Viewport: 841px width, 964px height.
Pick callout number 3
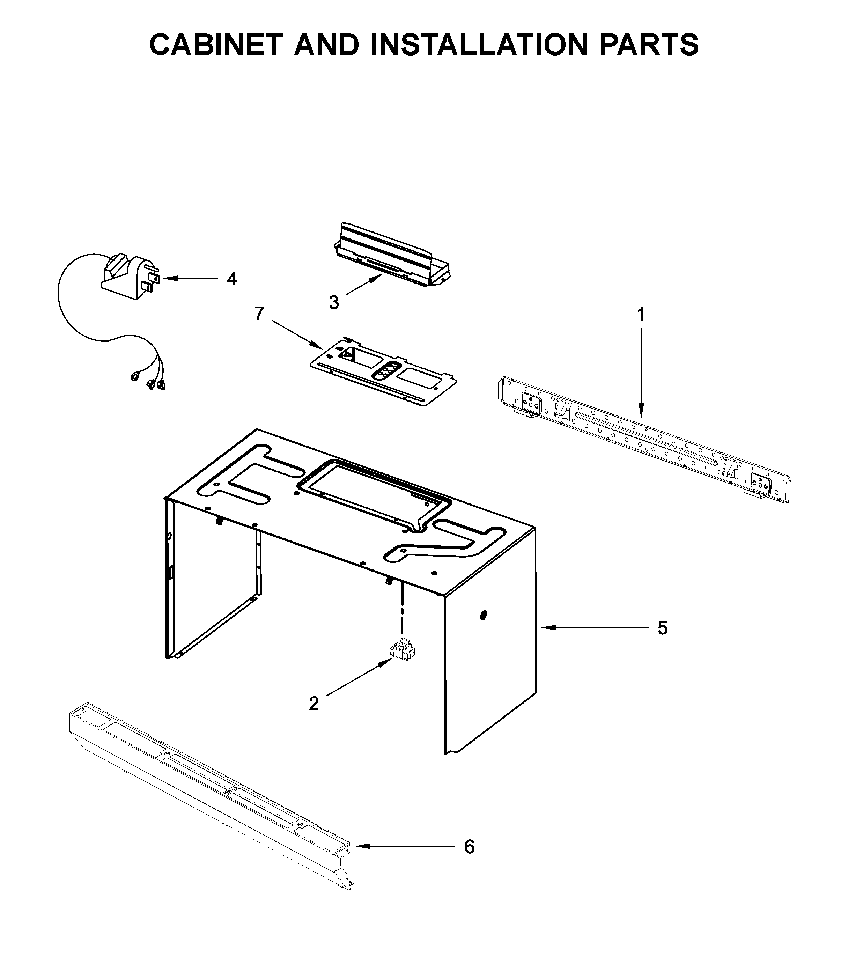pyautogui.click(x=334, y=303)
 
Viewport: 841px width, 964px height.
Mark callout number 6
pyautogui.click(x=469, y=860)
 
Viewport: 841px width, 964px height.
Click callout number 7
pyautogui.click(x=259, y=314)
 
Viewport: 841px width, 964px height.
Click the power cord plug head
pyautogui.click(x=129, y=277)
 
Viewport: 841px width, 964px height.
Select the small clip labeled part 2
pyautogui.click(x=402, y=652)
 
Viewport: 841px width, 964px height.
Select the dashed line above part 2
pyautogui.click(x=402, y=610)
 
